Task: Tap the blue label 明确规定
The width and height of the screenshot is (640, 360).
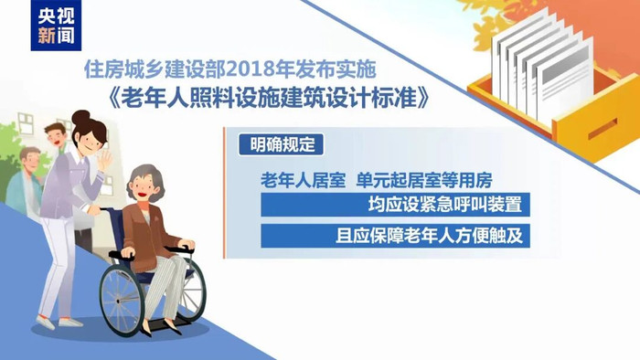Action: click(272, 143)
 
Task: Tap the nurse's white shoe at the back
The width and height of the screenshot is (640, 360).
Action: click(46, 322)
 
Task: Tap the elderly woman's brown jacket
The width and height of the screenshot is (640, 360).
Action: click(146, 233)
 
